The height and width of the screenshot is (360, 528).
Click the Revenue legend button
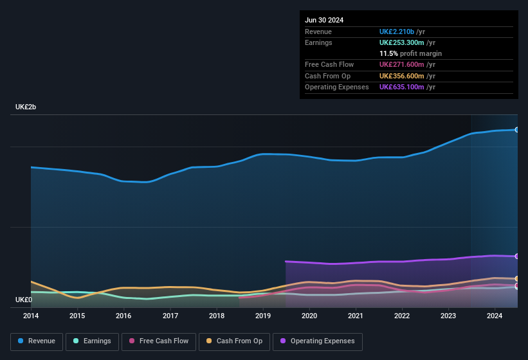click(x=36, y=341)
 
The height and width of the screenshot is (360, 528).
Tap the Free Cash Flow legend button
click(x=159, y=341)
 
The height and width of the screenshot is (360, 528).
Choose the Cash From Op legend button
click(x=233, y=341)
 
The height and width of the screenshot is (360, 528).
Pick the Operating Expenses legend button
click(x=317, y=341)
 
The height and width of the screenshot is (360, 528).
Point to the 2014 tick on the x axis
click(x=31, y=316)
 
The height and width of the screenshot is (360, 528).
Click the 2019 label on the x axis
click(x=263, y=316)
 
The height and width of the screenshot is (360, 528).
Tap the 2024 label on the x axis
click(x=495, y=316)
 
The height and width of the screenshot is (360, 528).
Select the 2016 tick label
click(x=123, y=316)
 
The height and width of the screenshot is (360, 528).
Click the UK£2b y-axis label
click(x=26, y=107)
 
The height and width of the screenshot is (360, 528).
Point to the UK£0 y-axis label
click(x=24, y=300)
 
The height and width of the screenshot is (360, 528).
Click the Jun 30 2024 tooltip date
click(x=324, y=20)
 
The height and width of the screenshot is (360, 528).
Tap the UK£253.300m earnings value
click(x=401, y=42)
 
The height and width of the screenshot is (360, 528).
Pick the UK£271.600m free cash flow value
click(x=401, y=64)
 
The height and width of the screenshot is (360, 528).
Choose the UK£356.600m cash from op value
click(x=401, y=76)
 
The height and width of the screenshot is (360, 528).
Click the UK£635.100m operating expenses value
click(x=401, y=87)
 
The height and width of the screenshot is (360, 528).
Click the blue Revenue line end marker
click(x=517, y=130)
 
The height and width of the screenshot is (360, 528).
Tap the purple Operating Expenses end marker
click(x=517, y=256)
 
